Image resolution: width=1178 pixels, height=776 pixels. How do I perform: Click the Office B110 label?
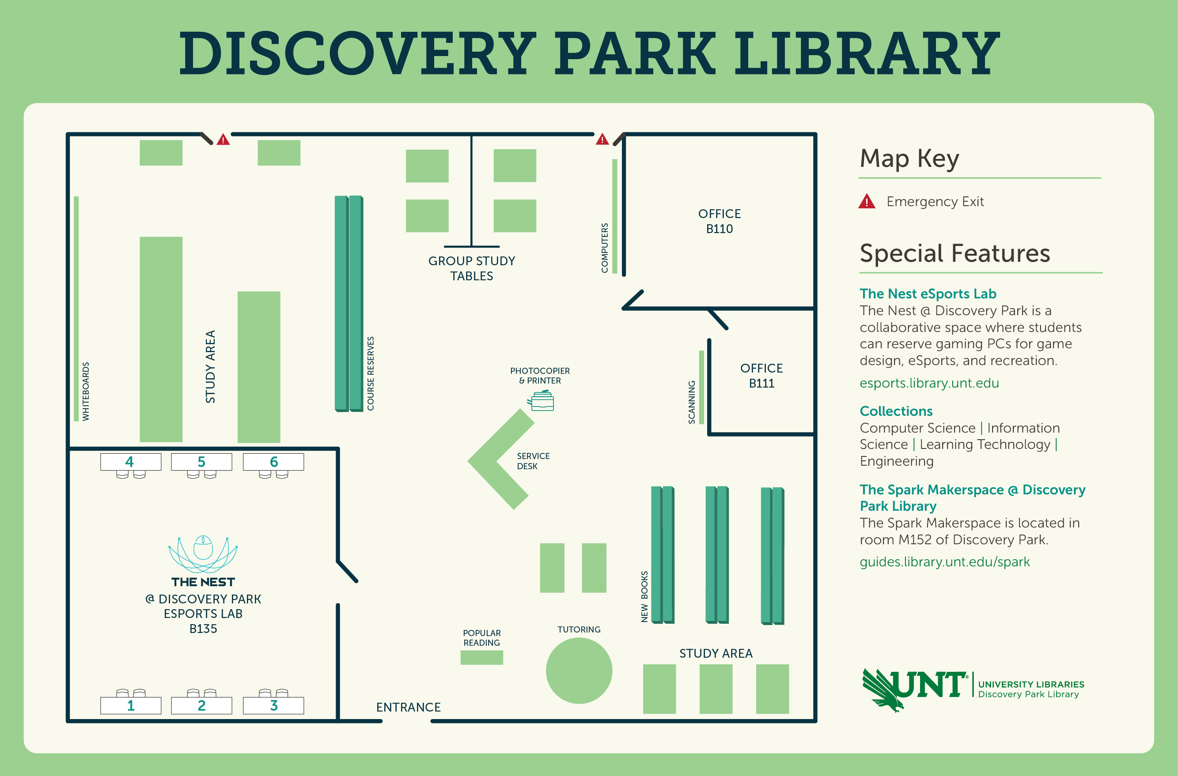click(x=720, y=221)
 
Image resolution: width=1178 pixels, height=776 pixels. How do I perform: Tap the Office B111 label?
click(x=761, y=376)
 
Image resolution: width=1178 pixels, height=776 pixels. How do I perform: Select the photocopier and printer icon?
click(x=541, y=400)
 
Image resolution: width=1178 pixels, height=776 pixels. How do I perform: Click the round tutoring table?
click(x=579, y=671)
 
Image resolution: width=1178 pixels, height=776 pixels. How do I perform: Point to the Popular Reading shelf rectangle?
click(x=481, y=657)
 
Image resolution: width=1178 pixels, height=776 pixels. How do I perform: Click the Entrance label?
click(x=409, y=707)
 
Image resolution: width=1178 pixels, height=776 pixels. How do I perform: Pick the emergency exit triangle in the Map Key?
click(x=867, y=201)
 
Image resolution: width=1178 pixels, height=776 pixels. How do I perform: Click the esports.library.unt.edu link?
click(x=929, y=383)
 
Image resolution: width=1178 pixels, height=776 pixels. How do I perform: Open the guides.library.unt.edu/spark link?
click(x=944, y=562)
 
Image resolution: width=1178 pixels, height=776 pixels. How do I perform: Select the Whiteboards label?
click(x=86, y=392)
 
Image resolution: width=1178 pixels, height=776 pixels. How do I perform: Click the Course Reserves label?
click(x=371, y=373)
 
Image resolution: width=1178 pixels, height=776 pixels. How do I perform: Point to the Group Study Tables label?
click(x=471, y=268)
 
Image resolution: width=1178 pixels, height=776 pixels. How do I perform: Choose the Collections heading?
click(x=896, y=411)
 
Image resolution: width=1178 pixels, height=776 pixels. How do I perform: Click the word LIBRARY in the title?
click(x=867, y=53)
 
